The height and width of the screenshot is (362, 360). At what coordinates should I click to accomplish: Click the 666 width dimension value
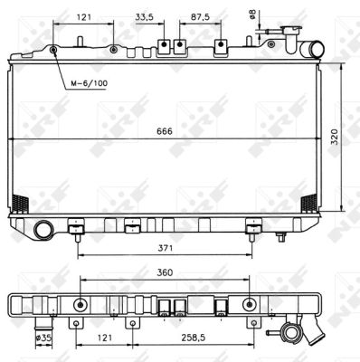[165, 131]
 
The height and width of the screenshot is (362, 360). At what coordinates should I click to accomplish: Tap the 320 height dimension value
[336, 137]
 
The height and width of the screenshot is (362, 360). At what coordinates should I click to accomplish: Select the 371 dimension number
[166, 248]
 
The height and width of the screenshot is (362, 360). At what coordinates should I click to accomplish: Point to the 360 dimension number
[165, 272]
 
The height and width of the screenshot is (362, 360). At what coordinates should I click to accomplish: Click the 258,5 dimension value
[194, 338]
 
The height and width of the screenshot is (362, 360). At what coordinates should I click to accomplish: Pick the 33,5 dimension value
[144, 17]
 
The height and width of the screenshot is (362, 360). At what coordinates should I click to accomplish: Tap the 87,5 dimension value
[200, 17]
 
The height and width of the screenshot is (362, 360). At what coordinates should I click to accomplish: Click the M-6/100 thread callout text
[89, 83]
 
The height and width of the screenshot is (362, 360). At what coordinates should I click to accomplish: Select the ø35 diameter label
[44, 338]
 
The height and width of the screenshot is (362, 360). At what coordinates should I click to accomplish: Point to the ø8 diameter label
[252, 14]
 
